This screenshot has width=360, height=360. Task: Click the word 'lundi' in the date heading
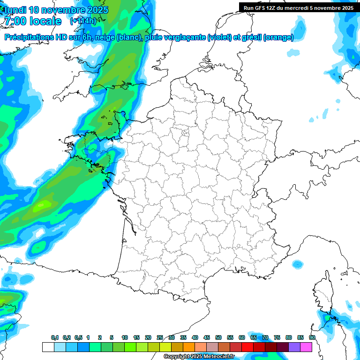[15, 10]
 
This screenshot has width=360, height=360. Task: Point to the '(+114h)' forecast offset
[83, 21]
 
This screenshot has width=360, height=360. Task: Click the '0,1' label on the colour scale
[55, 337]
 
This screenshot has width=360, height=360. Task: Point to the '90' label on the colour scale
[312, 337]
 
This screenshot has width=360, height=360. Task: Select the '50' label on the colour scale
[218, 337]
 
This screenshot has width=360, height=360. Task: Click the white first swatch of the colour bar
[48, 347]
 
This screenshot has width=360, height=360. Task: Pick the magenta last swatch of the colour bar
[306, 347]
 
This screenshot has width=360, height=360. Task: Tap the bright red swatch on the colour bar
[247, 347]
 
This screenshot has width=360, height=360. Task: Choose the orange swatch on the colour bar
[189, 347]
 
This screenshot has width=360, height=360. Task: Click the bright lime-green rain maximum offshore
[43, 204]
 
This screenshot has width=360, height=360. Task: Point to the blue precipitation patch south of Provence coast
[297, 263]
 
